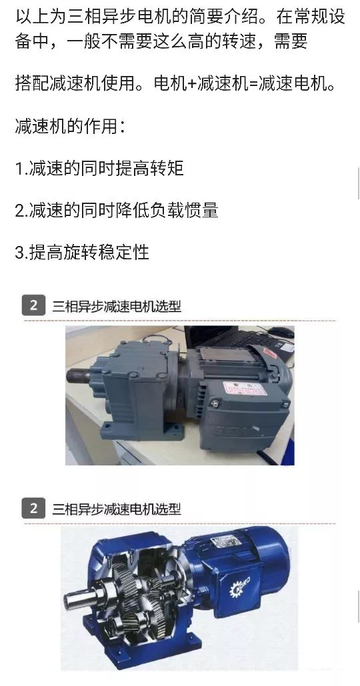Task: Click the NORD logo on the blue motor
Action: pyautogui.click(x=240, y=587)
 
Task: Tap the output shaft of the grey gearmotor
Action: pyautogui.click(x=79, y=375)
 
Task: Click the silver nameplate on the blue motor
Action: pyautogui.click(x=226, y=541)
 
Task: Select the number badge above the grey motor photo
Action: pyautogui.click(x=34, y=305)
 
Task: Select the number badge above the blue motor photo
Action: pyautogui.click(x=34, y=509)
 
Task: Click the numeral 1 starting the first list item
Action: pyautogui.click(x=19, y=169)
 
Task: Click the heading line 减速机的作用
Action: pyautogui.click(x=71, y=127)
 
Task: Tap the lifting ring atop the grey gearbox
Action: pyautogui.click(x=157, y=339)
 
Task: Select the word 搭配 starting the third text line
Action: pyautogui.click(x=32, y=84)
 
